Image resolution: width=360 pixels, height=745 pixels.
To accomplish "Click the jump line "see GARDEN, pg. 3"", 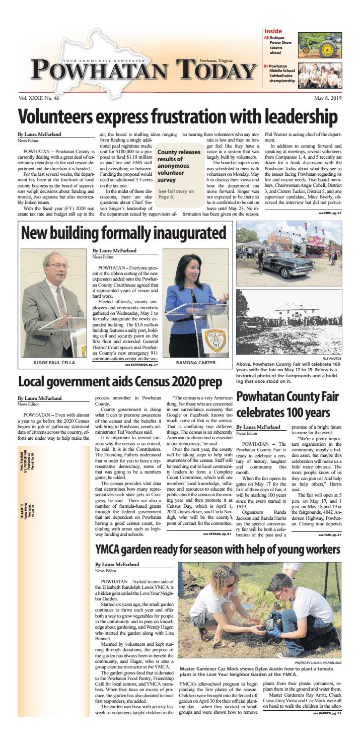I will [x=326, y=726].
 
